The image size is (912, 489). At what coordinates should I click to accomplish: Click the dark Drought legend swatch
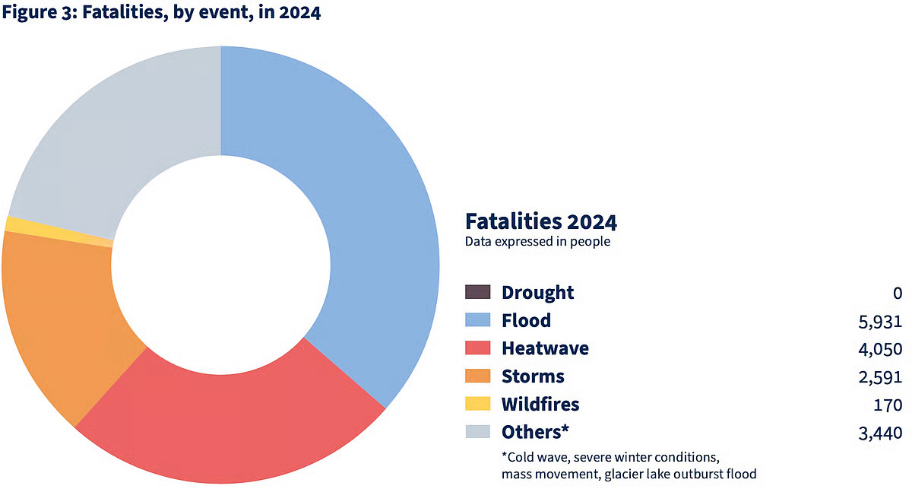pos(478,292)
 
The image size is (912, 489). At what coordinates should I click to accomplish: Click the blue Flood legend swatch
pos(478,320)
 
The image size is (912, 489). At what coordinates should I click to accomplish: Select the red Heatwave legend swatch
pos(478,348)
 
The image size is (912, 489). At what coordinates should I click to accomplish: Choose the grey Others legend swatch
pos(478,432)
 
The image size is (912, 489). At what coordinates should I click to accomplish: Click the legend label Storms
pos(533,376)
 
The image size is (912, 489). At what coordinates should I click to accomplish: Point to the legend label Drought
pos(537,292)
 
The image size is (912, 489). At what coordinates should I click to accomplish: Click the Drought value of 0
pos(898,293)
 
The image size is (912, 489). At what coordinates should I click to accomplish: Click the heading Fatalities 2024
pos(540,221)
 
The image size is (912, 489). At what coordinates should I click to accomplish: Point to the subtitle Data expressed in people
pos(537,242)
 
